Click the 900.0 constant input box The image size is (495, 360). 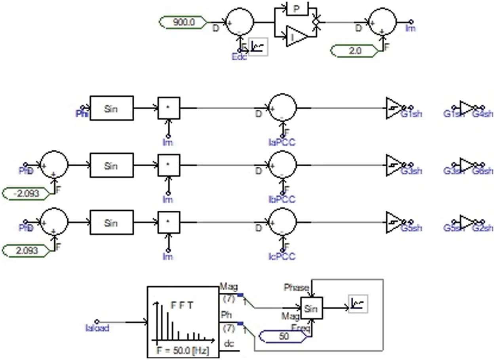click(183, 23)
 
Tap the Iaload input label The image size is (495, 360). click(97, 328)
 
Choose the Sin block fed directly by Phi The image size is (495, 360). click(111, 108)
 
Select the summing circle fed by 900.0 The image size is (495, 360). click(239, 23)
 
